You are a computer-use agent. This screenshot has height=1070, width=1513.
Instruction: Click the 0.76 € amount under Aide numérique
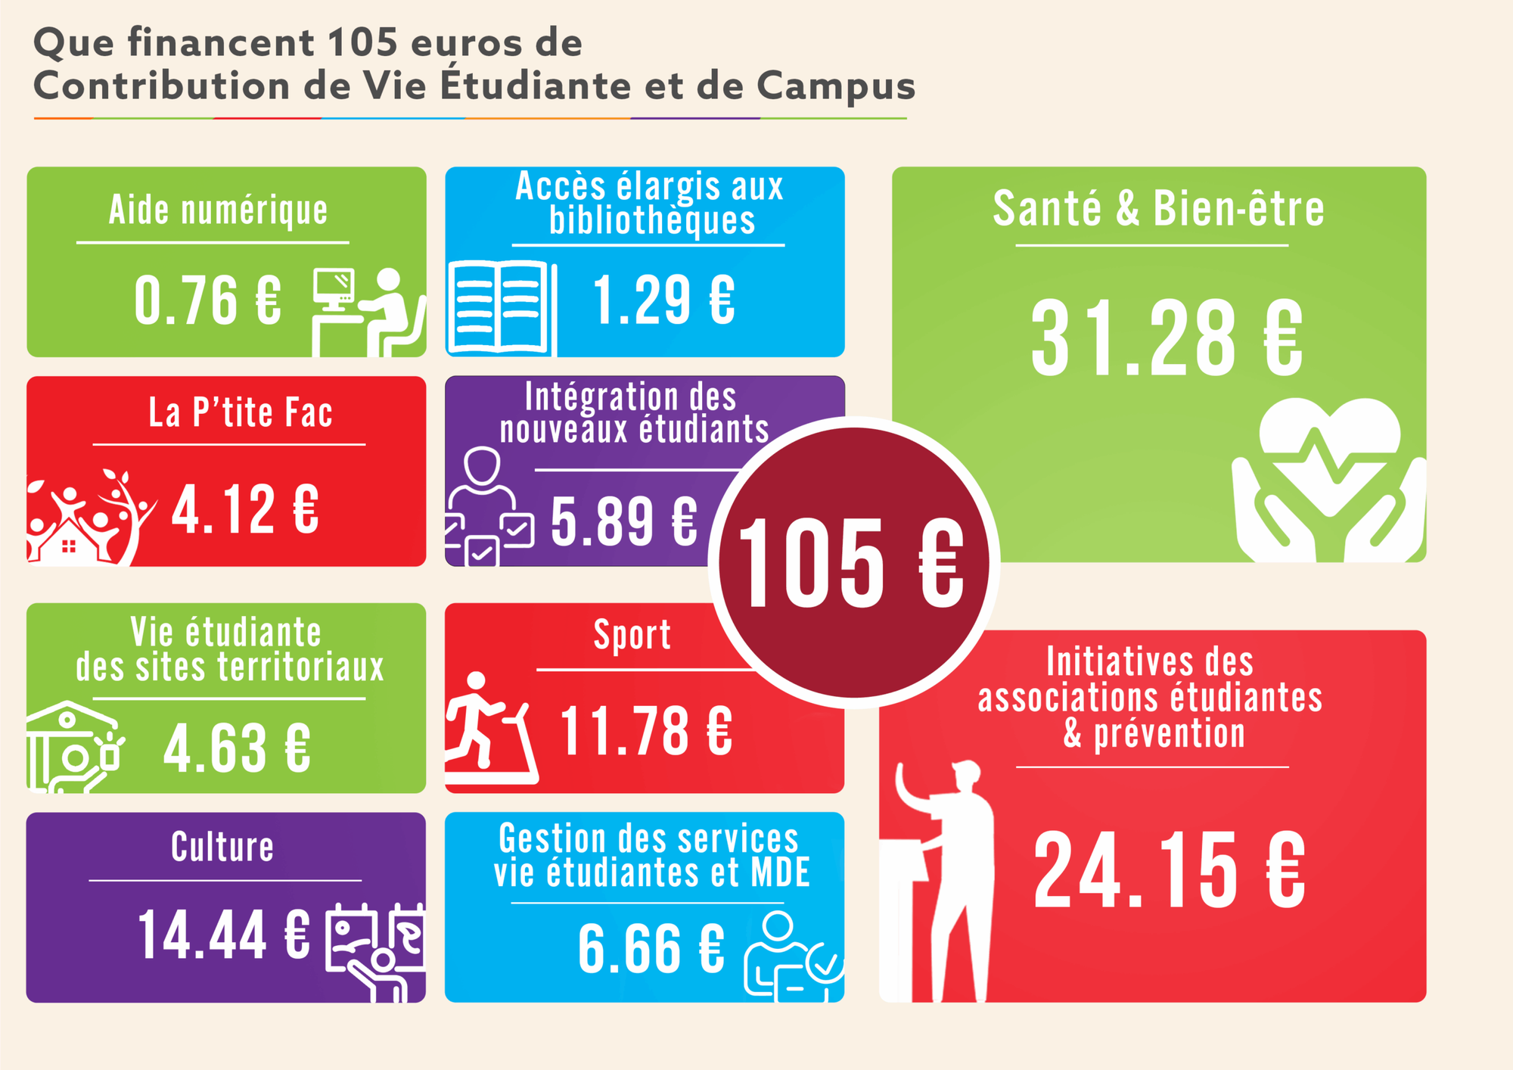208,300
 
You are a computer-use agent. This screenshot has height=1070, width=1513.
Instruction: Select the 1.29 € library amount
663,300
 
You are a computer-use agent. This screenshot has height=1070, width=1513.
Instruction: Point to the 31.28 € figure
1167,337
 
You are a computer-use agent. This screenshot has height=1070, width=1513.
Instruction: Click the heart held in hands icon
1329,481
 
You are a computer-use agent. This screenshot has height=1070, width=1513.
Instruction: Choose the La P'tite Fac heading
241,413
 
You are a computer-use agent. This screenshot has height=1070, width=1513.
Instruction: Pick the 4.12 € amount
245,509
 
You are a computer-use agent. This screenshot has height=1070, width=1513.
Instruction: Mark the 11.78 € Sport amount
646,731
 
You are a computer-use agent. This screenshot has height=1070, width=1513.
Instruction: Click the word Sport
632,635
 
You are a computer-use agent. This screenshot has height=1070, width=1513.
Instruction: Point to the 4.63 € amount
237,748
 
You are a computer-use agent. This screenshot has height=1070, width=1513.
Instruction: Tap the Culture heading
222,847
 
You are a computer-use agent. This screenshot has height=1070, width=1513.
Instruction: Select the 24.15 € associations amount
1169,870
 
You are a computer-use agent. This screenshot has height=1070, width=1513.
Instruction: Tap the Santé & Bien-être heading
1158,208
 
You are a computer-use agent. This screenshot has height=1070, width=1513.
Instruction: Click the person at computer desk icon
368,312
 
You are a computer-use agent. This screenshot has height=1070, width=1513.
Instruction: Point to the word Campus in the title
836,86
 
